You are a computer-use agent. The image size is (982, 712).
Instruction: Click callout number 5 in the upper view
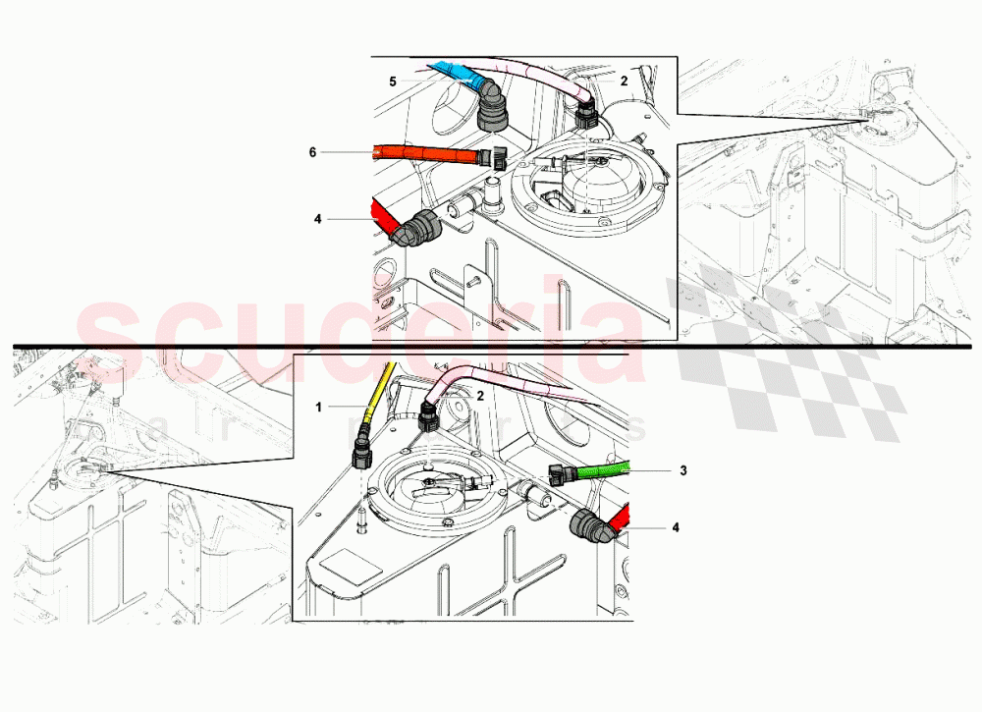coord(392,82)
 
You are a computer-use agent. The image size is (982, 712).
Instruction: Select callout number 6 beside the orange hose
coord(312,152)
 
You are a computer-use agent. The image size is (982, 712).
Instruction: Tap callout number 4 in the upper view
coord(317,219)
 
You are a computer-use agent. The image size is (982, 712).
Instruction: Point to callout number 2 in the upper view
coord(624,82)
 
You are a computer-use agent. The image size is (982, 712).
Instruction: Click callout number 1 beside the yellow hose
coord(318,406)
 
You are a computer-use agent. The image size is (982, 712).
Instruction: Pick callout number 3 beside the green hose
coord(682,470)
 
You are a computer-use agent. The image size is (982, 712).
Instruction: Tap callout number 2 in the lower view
coord(480,395)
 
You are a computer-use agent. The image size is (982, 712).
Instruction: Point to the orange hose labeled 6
coord(422,154)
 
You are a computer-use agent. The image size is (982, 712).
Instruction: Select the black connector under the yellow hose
coord(361,453)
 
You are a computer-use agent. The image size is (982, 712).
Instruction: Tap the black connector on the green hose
coord(563,473)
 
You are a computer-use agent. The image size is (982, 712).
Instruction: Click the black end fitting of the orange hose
coord(496,157)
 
